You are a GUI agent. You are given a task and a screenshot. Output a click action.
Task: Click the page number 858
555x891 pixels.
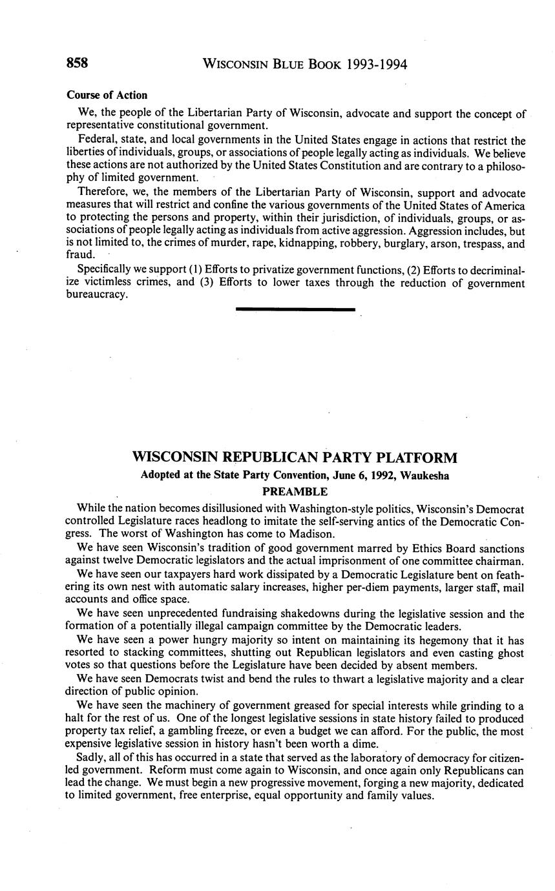point(77,63)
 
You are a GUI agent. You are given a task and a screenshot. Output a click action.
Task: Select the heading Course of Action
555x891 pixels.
point(107,95)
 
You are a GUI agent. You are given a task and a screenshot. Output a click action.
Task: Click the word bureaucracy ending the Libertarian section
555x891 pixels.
point(97,295)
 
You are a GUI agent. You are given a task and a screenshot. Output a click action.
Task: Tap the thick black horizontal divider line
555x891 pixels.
point(295,310)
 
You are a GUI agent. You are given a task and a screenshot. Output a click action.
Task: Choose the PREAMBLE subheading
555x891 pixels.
point(295,492)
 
